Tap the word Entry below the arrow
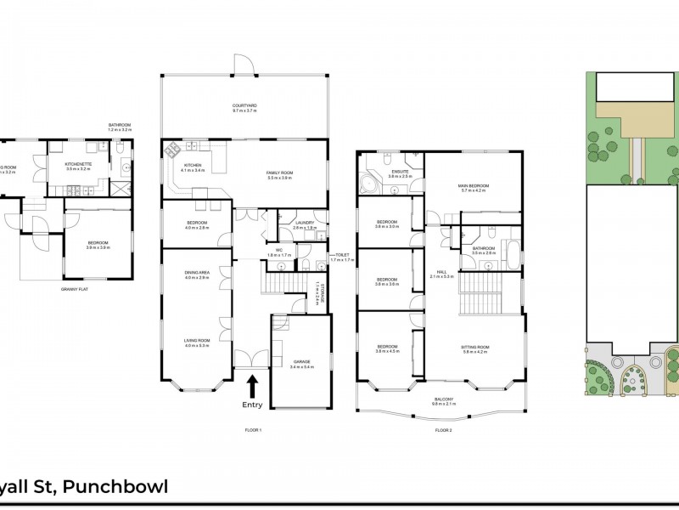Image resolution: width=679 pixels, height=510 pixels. [252, 405]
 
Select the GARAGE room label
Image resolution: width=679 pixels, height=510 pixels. [302, 361]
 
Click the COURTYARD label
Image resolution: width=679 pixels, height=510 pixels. [244, 107]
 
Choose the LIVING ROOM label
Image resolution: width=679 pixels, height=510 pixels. [196, 341]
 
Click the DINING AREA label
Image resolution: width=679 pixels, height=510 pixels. [196, 273]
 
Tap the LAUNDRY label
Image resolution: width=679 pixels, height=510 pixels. [304, 224]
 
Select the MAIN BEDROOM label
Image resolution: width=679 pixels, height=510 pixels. [474, 185]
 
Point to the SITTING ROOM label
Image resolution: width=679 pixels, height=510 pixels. [474, 347]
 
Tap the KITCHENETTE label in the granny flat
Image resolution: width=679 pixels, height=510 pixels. [77, 165]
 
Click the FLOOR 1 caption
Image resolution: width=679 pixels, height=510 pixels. [252, 430]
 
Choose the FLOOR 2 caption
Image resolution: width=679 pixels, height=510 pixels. [443, 430]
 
